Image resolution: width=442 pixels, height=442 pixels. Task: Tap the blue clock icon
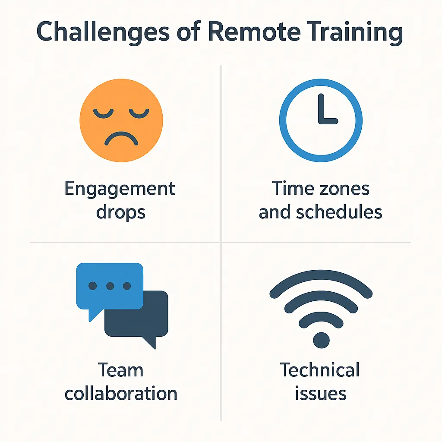coord(320,120)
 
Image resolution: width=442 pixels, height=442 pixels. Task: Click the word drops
coord(121,212)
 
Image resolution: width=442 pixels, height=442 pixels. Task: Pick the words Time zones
coord(320,189)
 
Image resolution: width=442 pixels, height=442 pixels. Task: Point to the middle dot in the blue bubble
coord(110,286)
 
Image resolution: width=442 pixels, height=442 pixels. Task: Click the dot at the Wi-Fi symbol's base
coord(321,340)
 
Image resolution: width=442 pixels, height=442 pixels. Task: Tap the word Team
coord(120,371)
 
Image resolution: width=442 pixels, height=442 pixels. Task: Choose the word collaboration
coord(121,393)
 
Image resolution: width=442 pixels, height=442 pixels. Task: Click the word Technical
coord(320,371)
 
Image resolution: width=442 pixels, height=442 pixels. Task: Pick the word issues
coord(320,393)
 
